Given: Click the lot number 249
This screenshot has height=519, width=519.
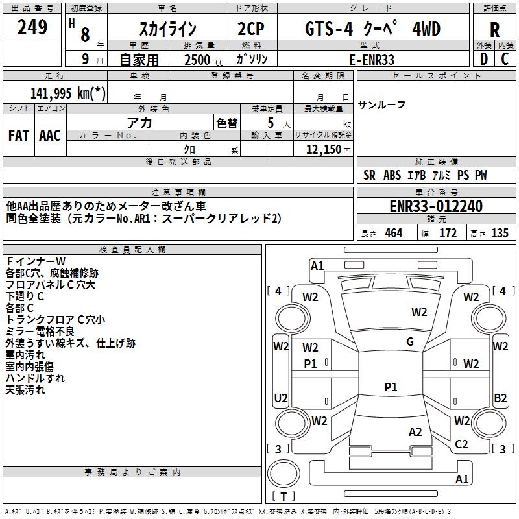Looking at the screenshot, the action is (32, 28).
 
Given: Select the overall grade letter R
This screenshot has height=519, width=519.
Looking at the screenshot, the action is (494, 30).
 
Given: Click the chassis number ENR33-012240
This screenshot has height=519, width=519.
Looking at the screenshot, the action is (436, 206).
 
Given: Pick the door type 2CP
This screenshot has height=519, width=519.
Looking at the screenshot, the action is (252, 29).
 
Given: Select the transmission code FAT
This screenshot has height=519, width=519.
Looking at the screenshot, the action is (19, 136).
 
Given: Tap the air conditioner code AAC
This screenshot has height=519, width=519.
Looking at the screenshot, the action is (50, 136).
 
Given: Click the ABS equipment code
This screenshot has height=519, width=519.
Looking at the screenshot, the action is (392, 175).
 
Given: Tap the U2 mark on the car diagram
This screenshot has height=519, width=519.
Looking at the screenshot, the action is (281, 398).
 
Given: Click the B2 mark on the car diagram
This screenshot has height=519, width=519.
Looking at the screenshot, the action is (500, 398).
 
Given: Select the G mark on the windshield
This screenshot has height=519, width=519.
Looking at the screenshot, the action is (410, 342).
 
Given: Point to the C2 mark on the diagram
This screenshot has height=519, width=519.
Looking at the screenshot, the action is (461, 444).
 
